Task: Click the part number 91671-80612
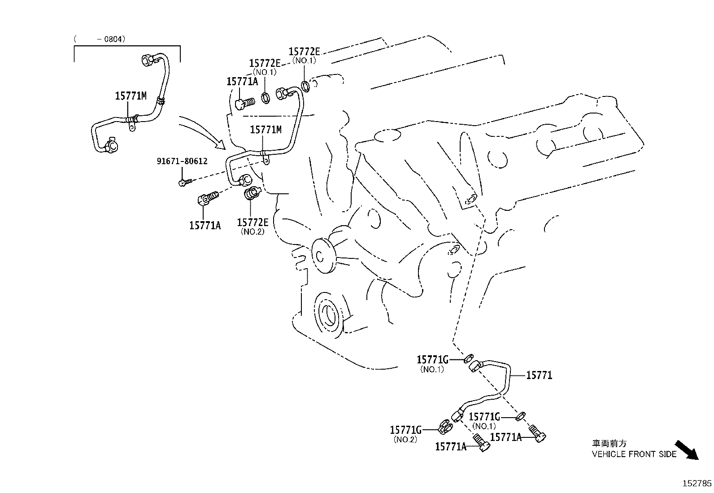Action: coord(182,161)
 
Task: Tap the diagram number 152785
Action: coord(697,484)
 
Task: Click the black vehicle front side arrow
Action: coord(687,449)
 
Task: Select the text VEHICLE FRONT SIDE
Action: coord(634,454)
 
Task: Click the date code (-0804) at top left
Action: coord(100,39)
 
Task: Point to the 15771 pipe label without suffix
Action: coord(539,375)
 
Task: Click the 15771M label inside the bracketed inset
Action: coord(131,96)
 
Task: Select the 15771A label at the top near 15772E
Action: coord(242,81)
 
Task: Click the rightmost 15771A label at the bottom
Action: coord(506,437)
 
